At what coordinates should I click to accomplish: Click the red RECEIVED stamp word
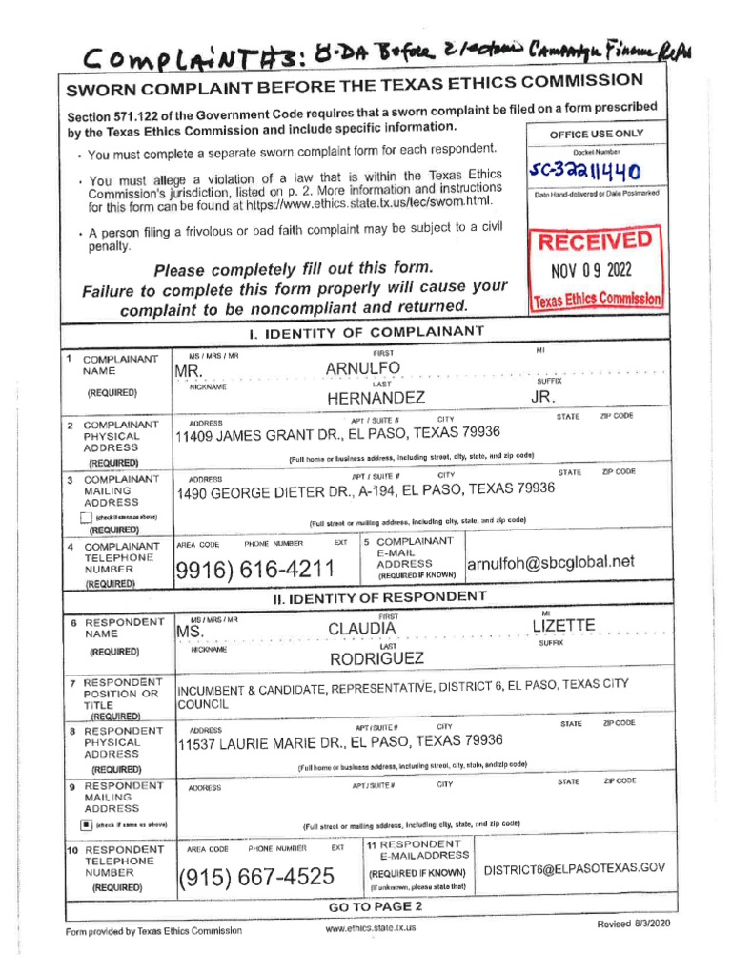[x=597, y=239]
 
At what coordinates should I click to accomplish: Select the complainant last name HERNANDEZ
[x=376, y=398]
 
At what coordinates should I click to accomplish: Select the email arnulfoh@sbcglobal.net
[x=550, y=562]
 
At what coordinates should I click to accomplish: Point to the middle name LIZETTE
[x=563, y=625]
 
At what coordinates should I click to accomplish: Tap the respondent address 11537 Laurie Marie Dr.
[x=340, y=742]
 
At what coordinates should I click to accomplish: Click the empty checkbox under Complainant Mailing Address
[x=86, y=518]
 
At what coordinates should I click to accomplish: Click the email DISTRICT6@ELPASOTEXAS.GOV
[x=574, y=869]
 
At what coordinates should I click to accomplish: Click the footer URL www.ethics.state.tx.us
[x=370, y=927]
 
